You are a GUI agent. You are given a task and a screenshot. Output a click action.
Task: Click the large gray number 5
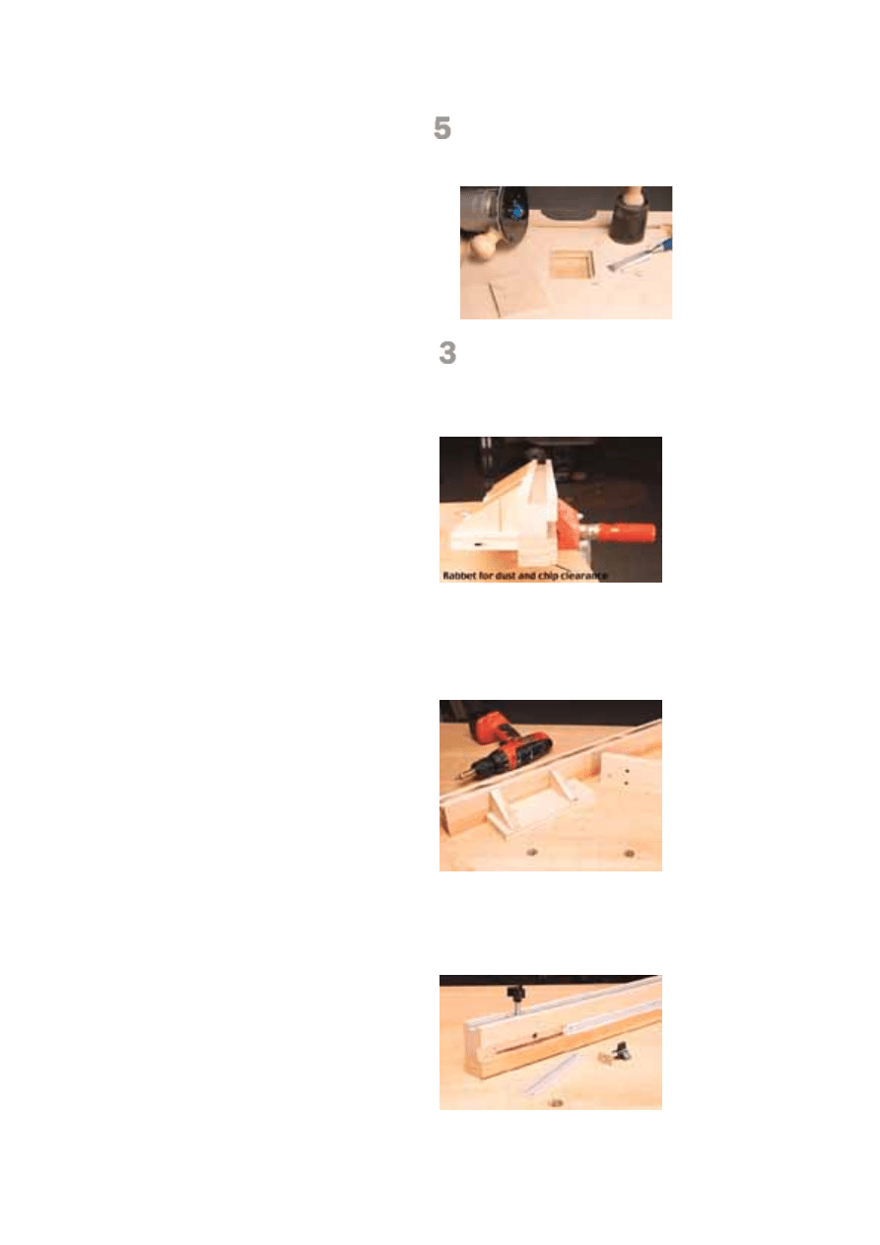pyautogui.click(x=442, y=128)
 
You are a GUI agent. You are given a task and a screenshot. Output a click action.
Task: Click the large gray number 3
pyautogui.click(x=447, y=352)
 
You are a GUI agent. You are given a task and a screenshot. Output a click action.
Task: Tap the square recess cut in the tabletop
pyautogui.click(x=573, y=264)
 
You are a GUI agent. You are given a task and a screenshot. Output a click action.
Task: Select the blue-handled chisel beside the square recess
pyautogui.click(x=640, y=255)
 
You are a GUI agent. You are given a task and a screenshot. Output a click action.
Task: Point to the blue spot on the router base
pyautogui.click(x=517, y=211)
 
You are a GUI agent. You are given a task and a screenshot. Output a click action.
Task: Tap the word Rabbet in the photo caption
pyautogui.click(x=459, y=576)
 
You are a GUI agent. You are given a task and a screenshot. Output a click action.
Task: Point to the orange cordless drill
pyautogui.click(x=505, y=743)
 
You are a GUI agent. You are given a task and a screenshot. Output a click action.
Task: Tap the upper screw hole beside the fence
pyautogui.click(x=626, y=772)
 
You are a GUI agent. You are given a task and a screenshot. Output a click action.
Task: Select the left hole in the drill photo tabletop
pyautogui.click(x=532, y=852)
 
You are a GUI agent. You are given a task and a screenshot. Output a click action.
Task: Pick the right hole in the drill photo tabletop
pyautogui.click(x=629, y=853)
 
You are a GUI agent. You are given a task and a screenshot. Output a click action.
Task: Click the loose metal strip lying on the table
pyautogui.click(x=551, y=1073)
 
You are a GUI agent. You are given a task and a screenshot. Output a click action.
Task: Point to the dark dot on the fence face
pyautogui.click(x=534, y=1035)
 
